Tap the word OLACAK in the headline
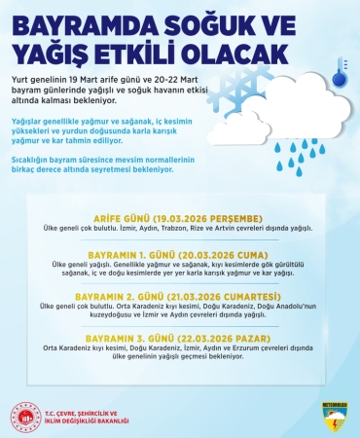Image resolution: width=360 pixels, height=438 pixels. coord(233,50)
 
